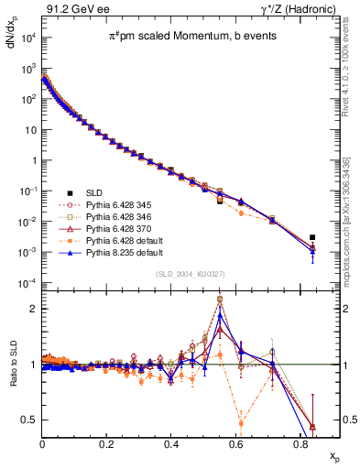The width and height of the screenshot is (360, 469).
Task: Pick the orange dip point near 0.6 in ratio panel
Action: coord(241,422)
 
